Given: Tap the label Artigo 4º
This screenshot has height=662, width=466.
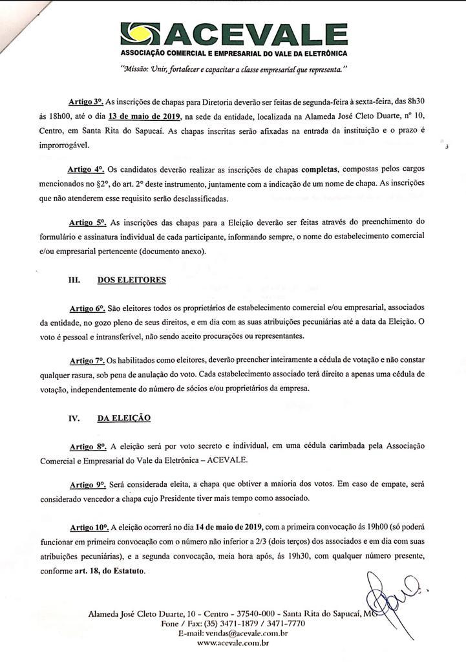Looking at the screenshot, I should (86, 169).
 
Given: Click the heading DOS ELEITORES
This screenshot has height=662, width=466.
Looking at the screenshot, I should (131, 280).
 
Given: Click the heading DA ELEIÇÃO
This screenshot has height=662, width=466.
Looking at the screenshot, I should (123, 418).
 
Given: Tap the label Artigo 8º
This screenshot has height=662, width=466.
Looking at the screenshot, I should (87, 446).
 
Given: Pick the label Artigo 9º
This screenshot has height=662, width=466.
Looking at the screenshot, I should (87, 484).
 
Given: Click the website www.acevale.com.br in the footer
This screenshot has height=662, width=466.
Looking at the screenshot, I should (233, 643).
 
